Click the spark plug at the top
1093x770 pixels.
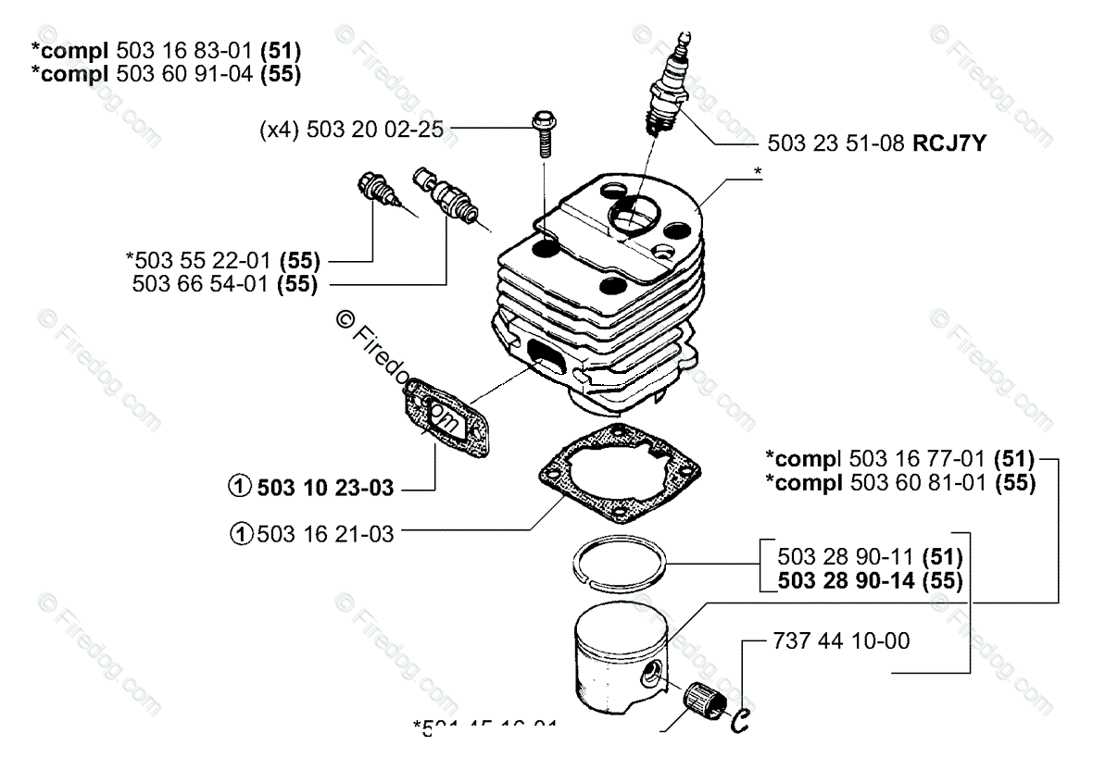click(x=669, y=88)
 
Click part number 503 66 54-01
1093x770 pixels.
click(x=204, y=284)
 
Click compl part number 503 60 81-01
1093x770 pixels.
click(x=917, y=481)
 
